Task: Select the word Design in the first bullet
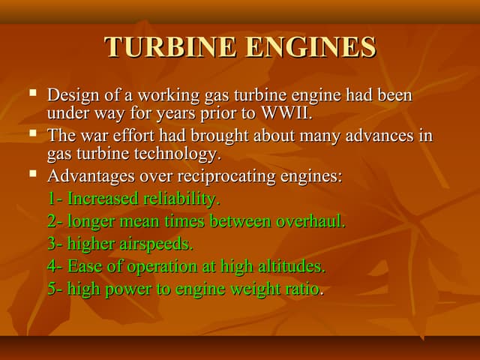70,96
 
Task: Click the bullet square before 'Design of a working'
32,94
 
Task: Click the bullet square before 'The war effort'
32,135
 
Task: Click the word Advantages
90,177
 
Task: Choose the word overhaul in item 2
311,221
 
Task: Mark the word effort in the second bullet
133,136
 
